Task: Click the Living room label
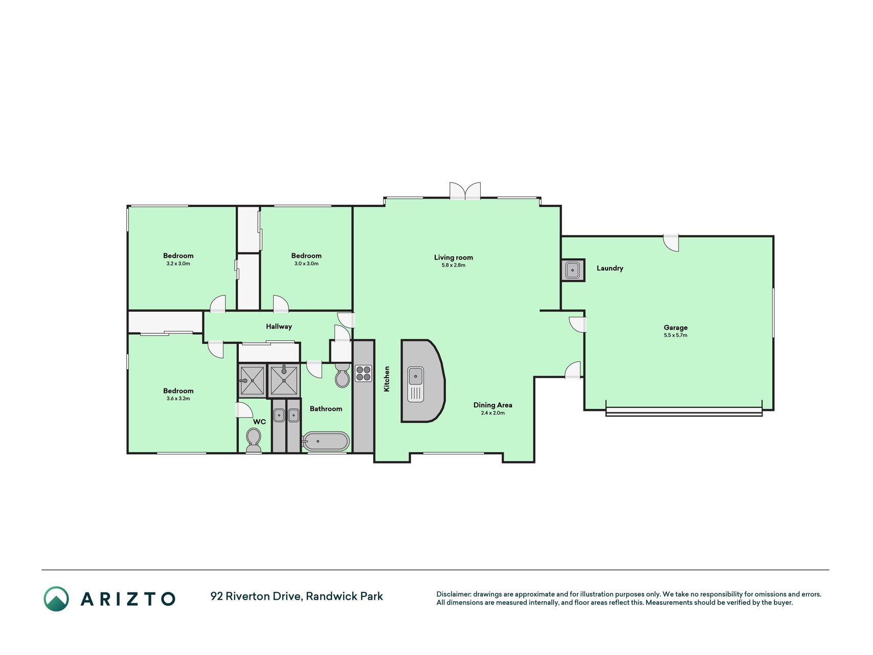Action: (454, 257)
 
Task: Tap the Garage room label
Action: (676, 327)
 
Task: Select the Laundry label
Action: (610, 268)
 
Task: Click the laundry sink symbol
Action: (573, 270)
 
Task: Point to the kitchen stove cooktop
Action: (364, 374)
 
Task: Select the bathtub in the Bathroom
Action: (326, 441)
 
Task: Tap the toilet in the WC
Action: (254, 440)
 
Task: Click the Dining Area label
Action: (493, 405)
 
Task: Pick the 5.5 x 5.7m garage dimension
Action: (676, 335)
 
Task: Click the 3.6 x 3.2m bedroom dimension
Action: (178, 399)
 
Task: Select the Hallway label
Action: (279, 326)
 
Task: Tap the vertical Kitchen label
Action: (387, 379)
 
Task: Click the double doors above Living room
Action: (465, 190)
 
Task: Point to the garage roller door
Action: (684, 411)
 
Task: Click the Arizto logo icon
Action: (56, 599)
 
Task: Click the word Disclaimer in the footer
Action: (453, 594)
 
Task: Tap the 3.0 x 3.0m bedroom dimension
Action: (306, 264)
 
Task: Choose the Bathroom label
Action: (326, 409)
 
